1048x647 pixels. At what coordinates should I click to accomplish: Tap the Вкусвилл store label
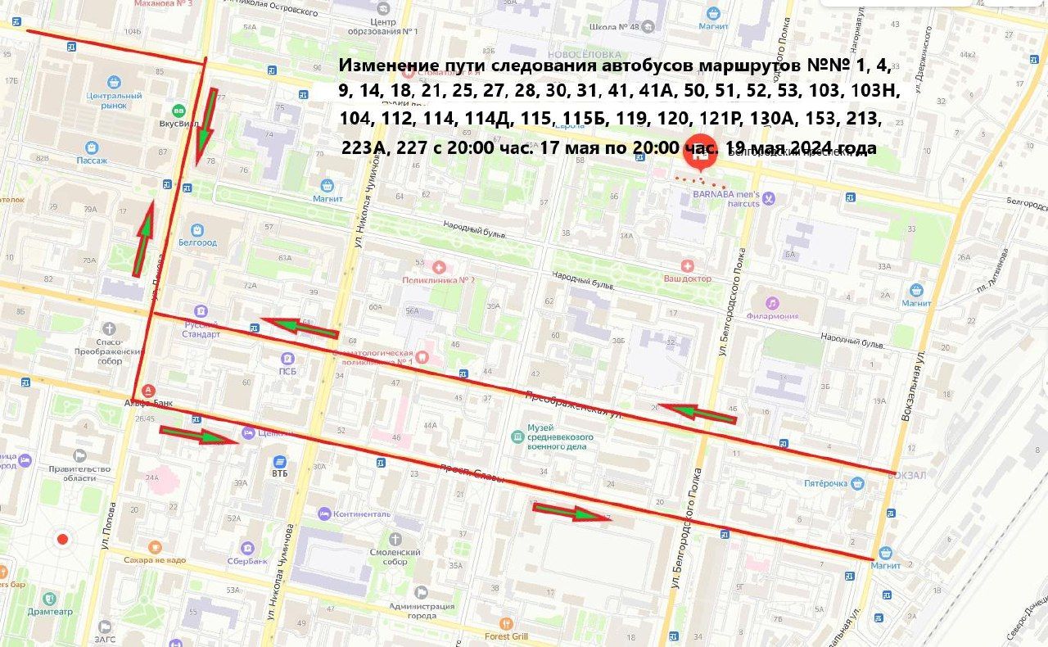(x=177, y=124)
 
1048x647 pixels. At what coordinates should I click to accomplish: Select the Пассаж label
(x=92, y=161)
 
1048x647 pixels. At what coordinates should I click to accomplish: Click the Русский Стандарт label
(x=201, y=329)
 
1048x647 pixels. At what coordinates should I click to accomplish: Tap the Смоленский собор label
(x=395, y=557)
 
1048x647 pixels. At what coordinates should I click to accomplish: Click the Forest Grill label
(x=508, y=636)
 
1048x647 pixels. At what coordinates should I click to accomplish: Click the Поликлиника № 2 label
(x=439, y=279)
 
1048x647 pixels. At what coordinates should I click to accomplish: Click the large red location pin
(x=699, y=150)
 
